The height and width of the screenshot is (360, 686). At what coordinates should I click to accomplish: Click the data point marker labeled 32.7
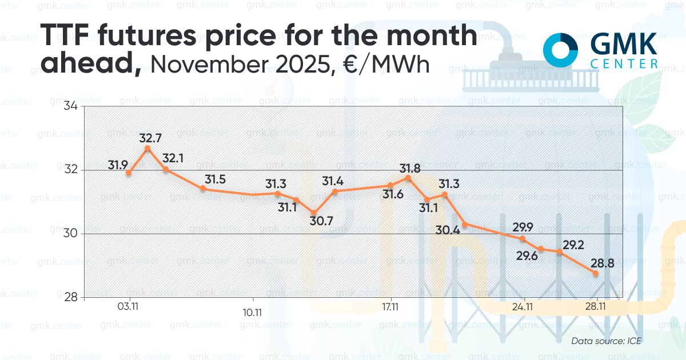147,149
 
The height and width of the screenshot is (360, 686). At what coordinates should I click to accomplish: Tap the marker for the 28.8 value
596,273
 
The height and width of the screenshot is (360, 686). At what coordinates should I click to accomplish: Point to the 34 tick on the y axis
72,107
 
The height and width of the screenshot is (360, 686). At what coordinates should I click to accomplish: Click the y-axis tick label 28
72,298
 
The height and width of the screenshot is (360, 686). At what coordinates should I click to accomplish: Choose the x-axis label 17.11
390,307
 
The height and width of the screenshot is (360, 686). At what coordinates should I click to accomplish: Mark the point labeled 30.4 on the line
465,224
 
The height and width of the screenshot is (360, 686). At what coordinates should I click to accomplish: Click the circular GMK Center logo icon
561,50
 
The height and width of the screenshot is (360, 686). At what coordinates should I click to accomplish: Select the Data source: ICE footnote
607,341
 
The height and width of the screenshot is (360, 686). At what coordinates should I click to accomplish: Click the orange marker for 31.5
203,188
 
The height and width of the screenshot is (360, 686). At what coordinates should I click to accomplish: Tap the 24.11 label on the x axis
523,307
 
